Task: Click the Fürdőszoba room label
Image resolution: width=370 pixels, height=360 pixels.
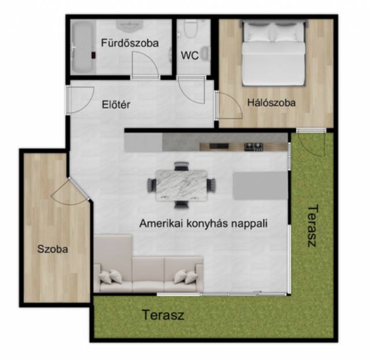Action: click(x=129, y=43)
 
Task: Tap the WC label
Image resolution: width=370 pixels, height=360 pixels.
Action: click(x=190, y=55)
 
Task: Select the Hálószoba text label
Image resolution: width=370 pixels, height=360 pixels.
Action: click(x=271, y=103)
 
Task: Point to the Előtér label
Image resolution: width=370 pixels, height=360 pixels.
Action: click(x=116, y=105)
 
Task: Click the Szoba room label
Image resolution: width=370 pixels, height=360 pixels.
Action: click(x=53, y=249)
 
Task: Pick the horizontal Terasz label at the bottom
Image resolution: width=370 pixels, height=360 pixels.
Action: click(x=163, y=315)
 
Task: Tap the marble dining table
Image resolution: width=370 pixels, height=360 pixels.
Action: click(x=182, y=185)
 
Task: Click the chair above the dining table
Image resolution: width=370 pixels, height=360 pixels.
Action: click(x=182, y=166)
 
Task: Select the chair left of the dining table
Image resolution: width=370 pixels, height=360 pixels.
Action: click(x=151, y=185)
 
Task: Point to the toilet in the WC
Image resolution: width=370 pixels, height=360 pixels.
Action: click(x=191, y=29)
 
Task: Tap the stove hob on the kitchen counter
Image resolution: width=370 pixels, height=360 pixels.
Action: click(x=254, y=147)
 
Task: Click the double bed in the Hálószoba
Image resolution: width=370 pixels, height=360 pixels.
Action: click(x=273, y=53)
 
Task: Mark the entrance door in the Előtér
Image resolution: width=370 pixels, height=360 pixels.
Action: click(x=80, y=101)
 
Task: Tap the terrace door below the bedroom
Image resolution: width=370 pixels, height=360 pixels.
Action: click(x=312, y=142)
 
